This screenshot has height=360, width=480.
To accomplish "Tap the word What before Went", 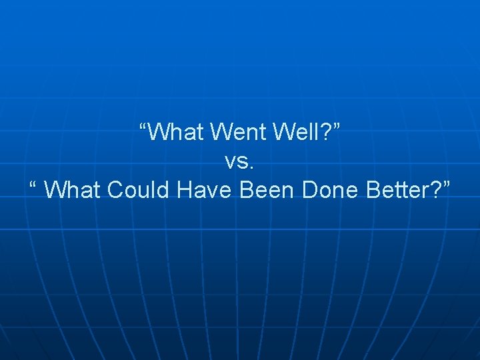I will [177, 133].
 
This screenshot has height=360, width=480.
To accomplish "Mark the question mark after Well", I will [327, 133].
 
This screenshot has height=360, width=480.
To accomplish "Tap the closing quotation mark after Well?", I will [338, 126].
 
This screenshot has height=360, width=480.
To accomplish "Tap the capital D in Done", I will [310, 190].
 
